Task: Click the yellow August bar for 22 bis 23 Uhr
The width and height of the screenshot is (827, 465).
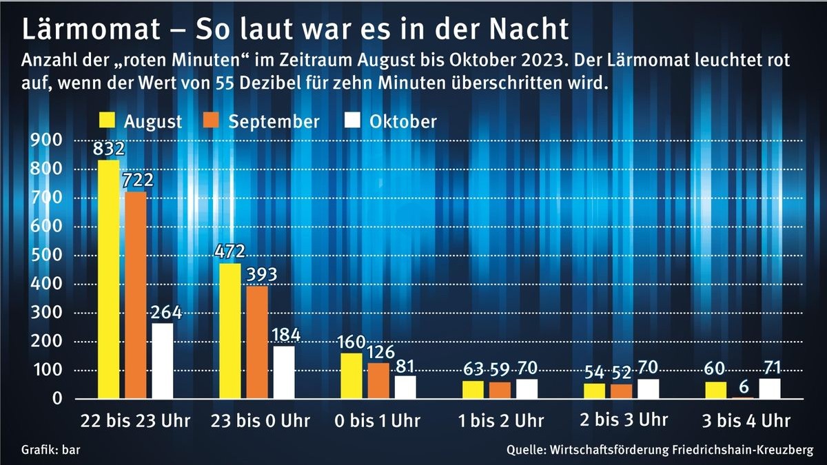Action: (x=108, y=279)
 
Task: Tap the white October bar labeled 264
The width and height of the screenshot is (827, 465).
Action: (x=163, y=360)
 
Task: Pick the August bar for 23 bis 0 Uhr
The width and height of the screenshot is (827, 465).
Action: (x=230, y=331)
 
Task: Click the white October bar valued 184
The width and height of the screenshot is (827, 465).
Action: (x=284, y=372)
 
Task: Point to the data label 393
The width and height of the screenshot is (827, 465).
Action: (x=261, y=275)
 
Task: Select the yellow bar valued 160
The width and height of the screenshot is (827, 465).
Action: (x=351, y=375)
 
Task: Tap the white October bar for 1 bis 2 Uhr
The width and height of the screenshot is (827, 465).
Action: (x=527, y=389)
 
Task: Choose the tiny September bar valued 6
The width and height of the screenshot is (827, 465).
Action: (x=743, y=397)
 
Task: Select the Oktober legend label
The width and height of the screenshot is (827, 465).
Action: (x=403, y=121)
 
